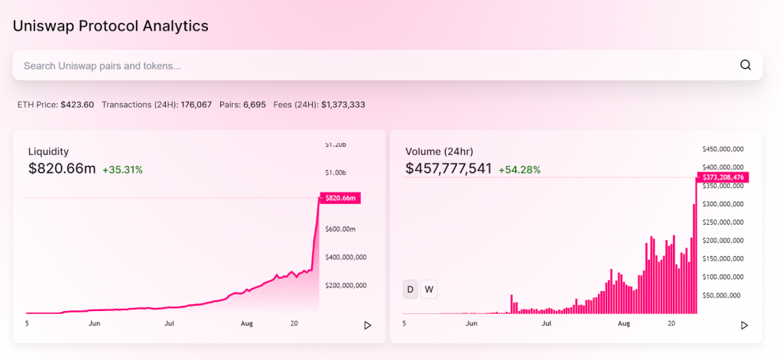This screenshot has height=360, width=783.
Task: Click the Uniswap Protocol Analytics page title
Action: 110,25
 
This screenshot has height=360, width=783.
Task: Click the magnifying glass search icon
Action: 746,65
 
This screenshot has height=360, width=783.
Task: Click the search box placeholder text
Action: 102,66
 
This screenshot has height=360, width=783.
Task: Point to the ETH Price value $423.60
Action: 77,104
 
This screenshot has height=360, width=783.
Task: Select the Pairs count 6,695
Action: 255,104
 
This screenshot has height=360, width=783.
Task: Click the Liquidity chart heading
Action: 48,151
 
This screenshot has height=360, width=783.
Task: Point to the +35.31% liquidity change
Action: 122,169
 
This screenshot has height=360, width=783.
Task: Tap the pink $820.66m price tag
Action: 341,198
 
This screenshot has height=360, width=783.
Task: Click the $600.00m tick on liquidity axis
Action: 340,229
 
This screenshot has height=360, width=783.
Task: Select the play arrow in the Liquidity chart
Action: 367,325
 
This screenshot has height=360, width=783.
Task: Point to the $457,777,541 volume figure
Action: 448,168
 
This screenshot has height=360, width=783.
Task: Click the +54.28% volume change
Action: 519,169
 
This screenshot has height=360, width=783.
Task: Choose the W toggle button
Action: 429,289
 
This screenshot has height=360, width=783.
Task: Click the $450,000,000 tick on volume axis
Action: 723,149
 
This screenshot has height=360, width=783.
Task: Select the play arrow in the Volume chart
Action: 744,325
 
